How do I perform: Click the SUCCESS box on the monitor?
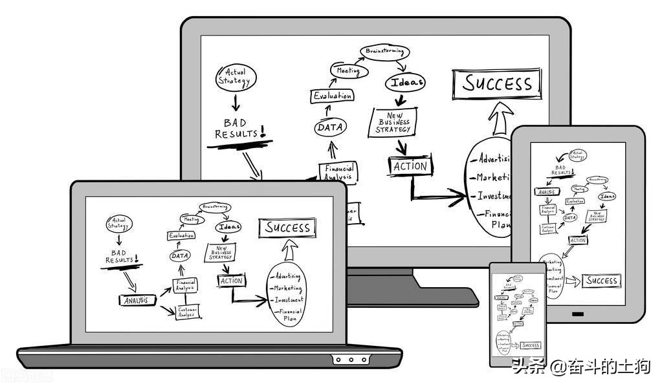click(497, 83)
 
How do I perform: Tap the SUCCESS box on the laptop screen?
click(287, 228)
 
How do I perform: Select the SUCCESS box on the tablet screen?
click(601, 281)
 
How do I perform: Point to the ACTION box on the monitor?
click(410, 166)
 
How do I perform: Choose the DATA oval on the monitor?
click(330, 127)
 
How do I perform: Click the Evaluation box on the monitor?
click(333, 96)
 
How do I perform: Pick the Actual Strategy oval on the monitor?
click(236, 77)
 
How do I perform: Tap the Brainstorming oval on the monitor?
click(384, 51)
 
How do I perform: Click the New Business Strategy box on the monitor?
click(393, 122)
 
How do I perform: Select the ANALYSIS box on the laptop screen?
click(137, 300)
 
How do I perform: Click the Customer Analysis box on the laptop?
click(187, 312)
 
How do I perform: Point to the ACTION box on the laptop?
click(231, 281)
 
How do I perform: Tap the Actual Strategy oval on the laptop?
click(118, 224)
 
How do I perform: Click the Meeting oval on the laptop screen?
click(192, 220)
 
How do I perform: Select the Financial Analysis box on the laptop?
click(185, 284)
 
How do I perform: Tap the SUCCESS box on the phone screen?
click(531, 345)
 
